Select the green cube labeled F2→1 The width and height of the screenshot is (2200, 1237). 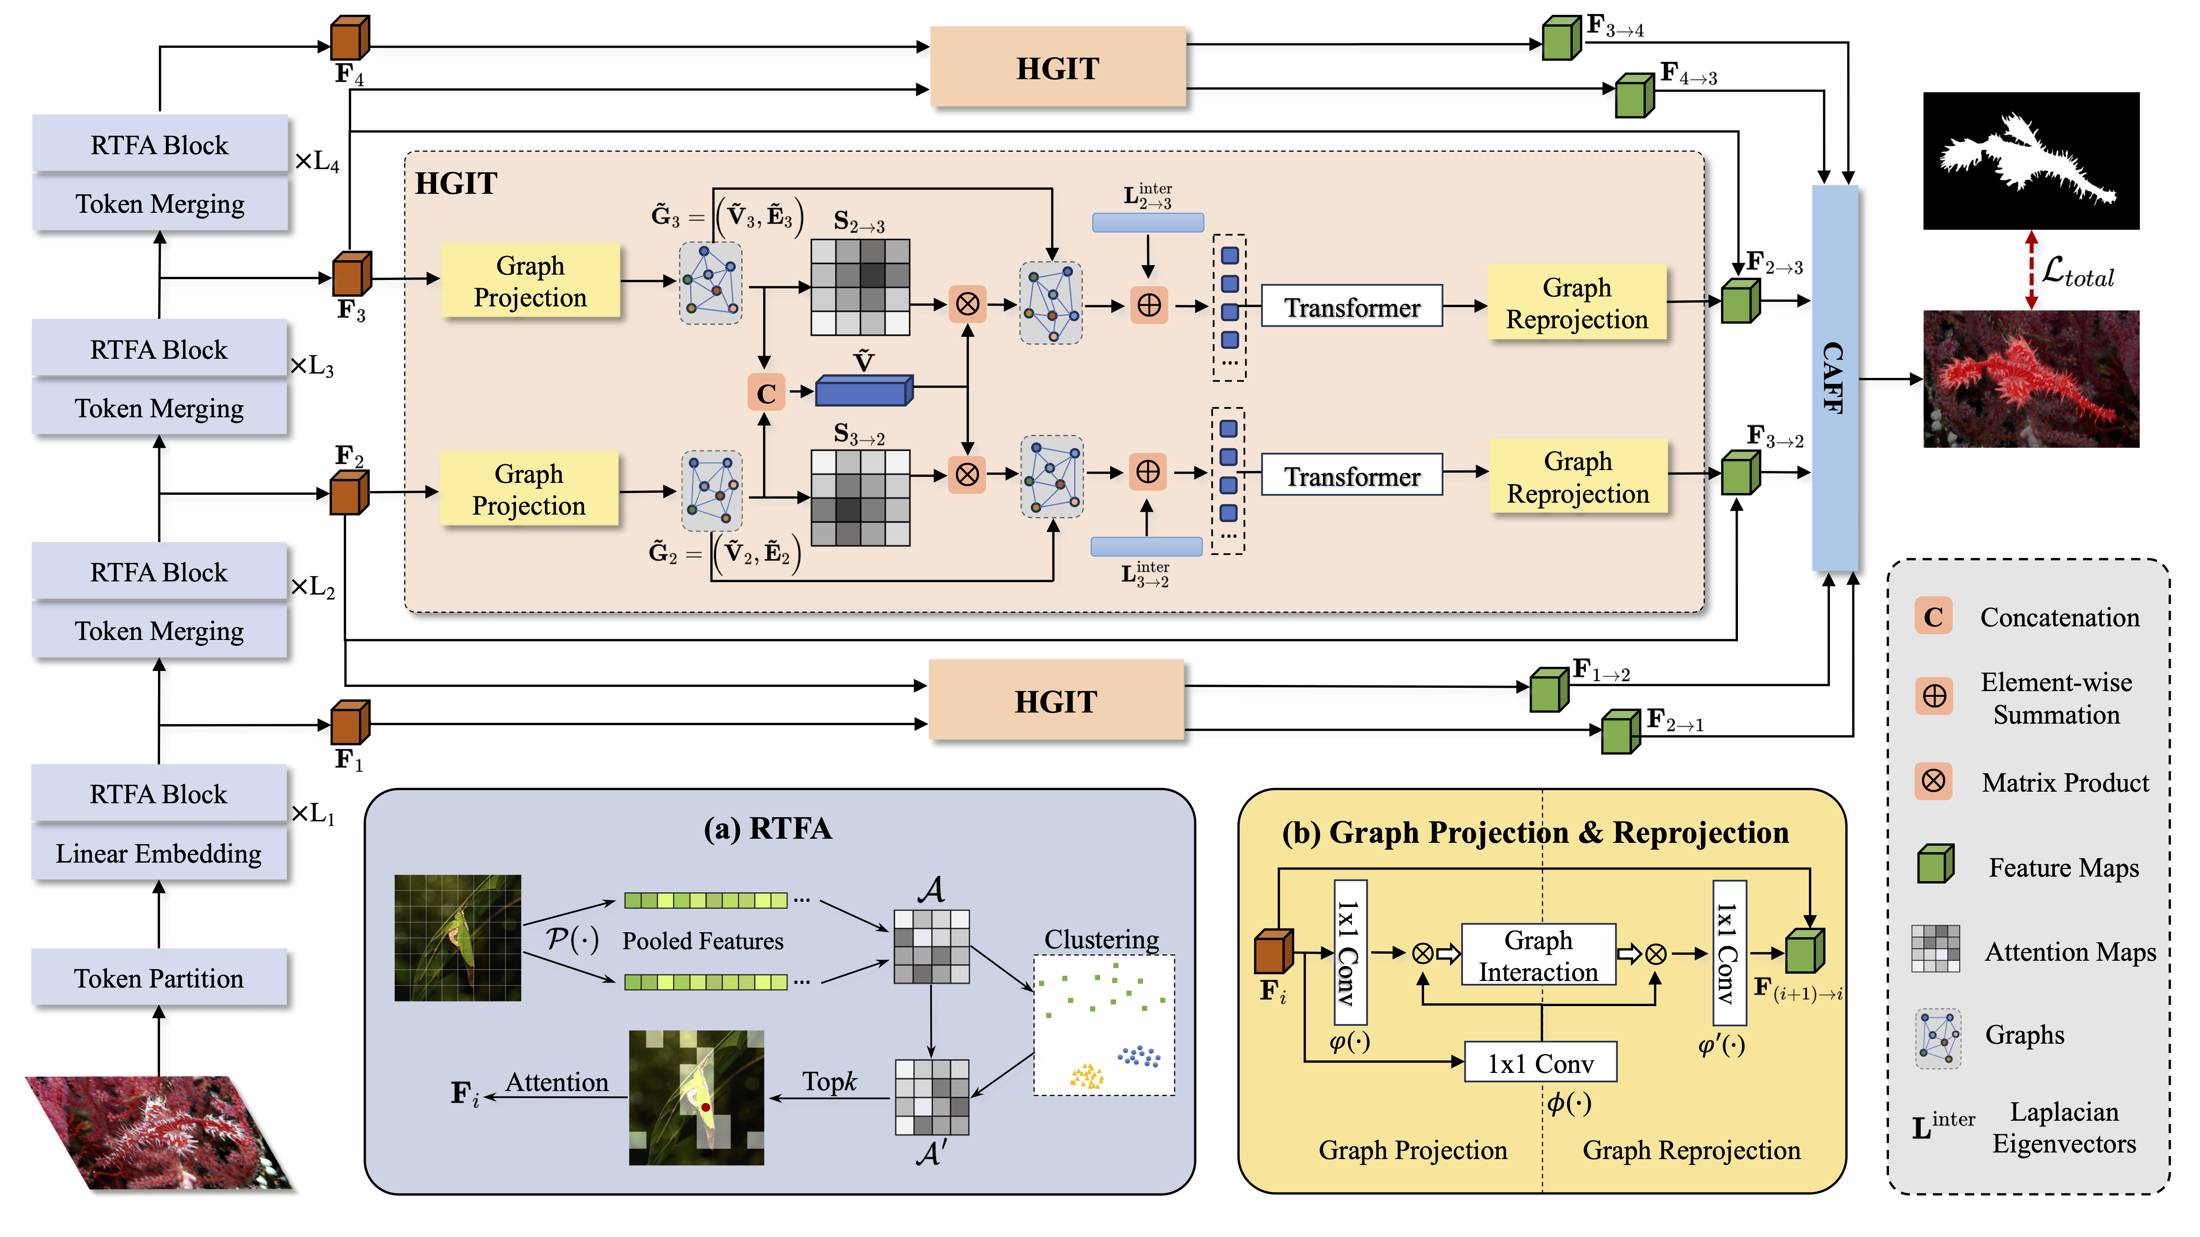tap(1619, 732)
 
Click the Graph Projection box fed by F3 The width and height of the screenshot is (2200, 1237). tap(530, 281)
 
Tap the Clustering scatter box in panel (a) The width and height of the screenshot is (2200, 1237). tap(1104, 1024)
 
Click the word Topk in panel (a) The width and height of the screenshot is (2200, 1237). tap(828, 1082)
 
